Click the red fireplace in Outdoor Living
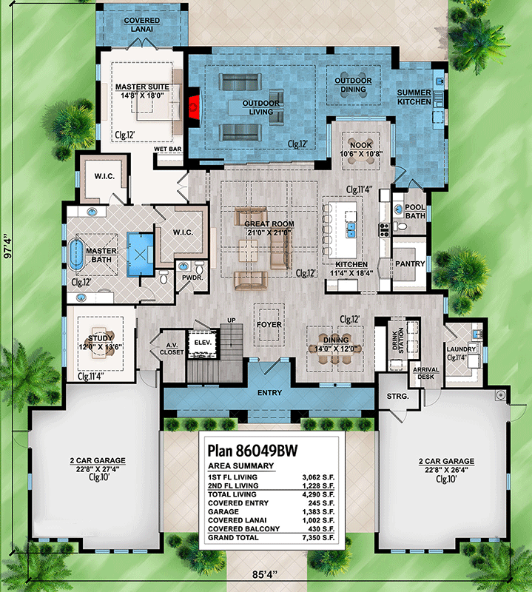tap(194, 107)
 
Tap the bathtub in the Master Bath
tap(77, 254)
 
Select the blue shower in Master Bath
tap(140, 255)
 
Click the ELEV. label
tap(203, 343)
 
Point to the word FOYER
tap(269, 325)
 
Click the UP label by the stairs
tap(231, 320)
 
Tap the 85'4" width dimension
tap(265, 575)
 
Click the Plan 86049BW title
tap(252, 451)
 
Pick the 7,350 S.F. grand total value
tap(318, 538)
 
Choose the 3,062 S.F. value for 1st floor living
tap(318, 477)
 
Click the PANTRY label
tap(410, 264)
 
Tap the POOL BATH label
tap(415, 212)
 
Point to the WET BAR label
tap(168, 149)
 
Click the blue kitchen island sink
tap(351, 230)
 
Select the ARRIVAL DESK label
tap(426, 373)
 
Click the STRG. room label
tap(397, 397)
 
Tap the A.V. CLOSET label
tap(172, 349)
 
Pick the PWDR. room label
tap(192, 277)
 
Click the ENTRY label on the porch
tap(269, 393)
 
